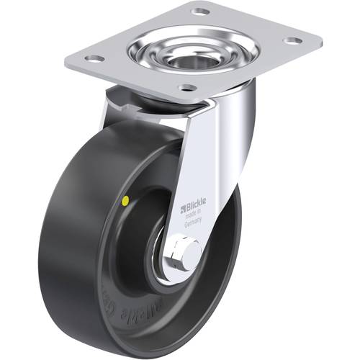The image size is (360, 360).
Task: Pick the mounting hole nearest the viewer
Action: coord(187,87)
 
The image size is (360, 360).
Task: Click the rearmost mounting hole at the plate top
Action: coord(199,12)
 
